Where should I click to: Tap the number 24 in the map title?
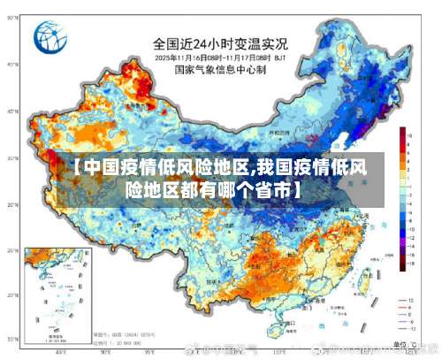click(206, 42)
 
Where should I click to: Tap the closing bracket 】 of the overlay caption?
click(300, 188)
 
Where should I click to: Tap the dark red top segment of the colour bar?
click(401, 131)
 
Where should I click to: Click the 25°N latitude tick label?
click(12, 250)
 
